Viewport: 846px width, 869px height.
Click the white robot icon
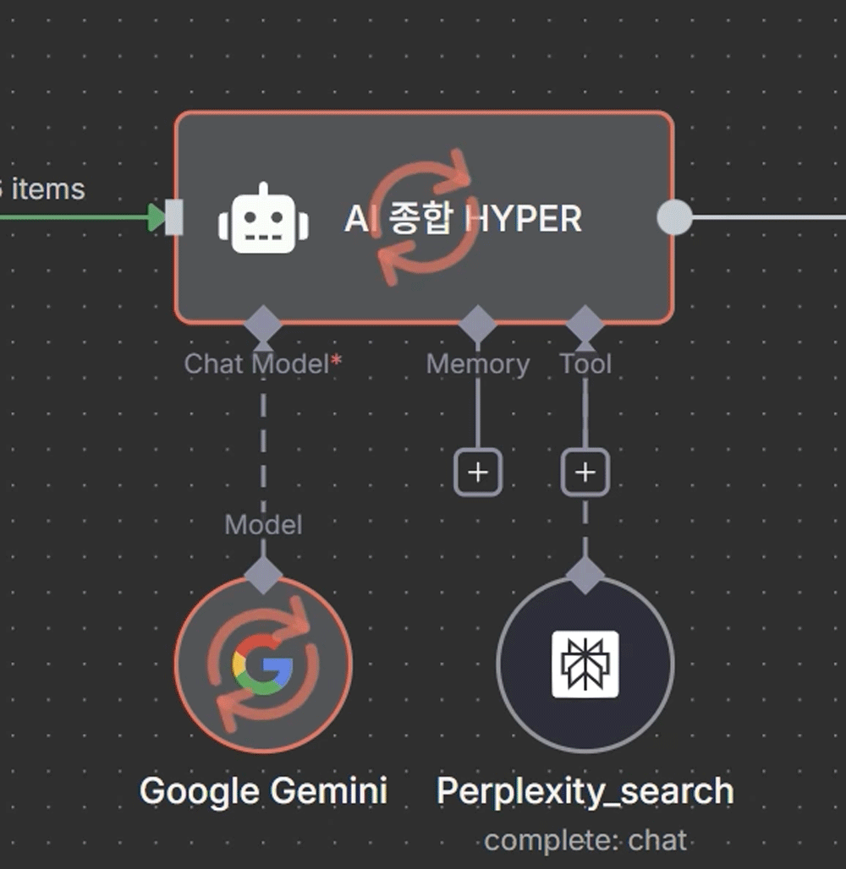coord(263,219)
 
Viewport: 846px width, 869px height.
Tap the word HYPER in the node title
coord(525,220)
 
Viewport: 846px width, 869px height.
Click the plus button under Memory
coord(478,472)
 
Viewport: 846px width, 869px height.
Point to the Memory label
coord(478,364)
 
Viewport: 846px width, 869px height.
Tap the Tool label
coord(585,364)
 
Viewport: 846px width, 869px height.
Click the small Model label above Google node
coord(263,525)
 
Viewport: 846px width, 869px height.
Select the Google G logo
coord(263,664)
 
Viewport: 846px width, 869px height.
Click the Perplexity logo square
coord(585,664)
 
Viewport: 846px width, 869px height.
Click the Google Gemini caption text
coord(263,792)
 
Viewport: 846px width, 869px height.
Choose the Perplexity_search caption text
coord(585,792)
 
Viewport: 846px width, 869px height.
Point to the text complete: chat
coord(585,840)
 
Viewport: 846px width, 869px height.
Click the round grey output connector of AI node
coord(674,217)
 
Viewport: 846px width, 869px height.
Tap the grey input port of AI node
coord(173,217)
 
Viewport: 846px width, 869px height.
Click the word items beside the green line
coord(48,189)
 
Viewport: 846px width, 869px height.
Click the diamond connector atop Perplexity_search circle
coord(585,577)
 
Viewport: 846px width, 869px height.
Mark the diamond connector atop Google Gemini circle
coord(263,577)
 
